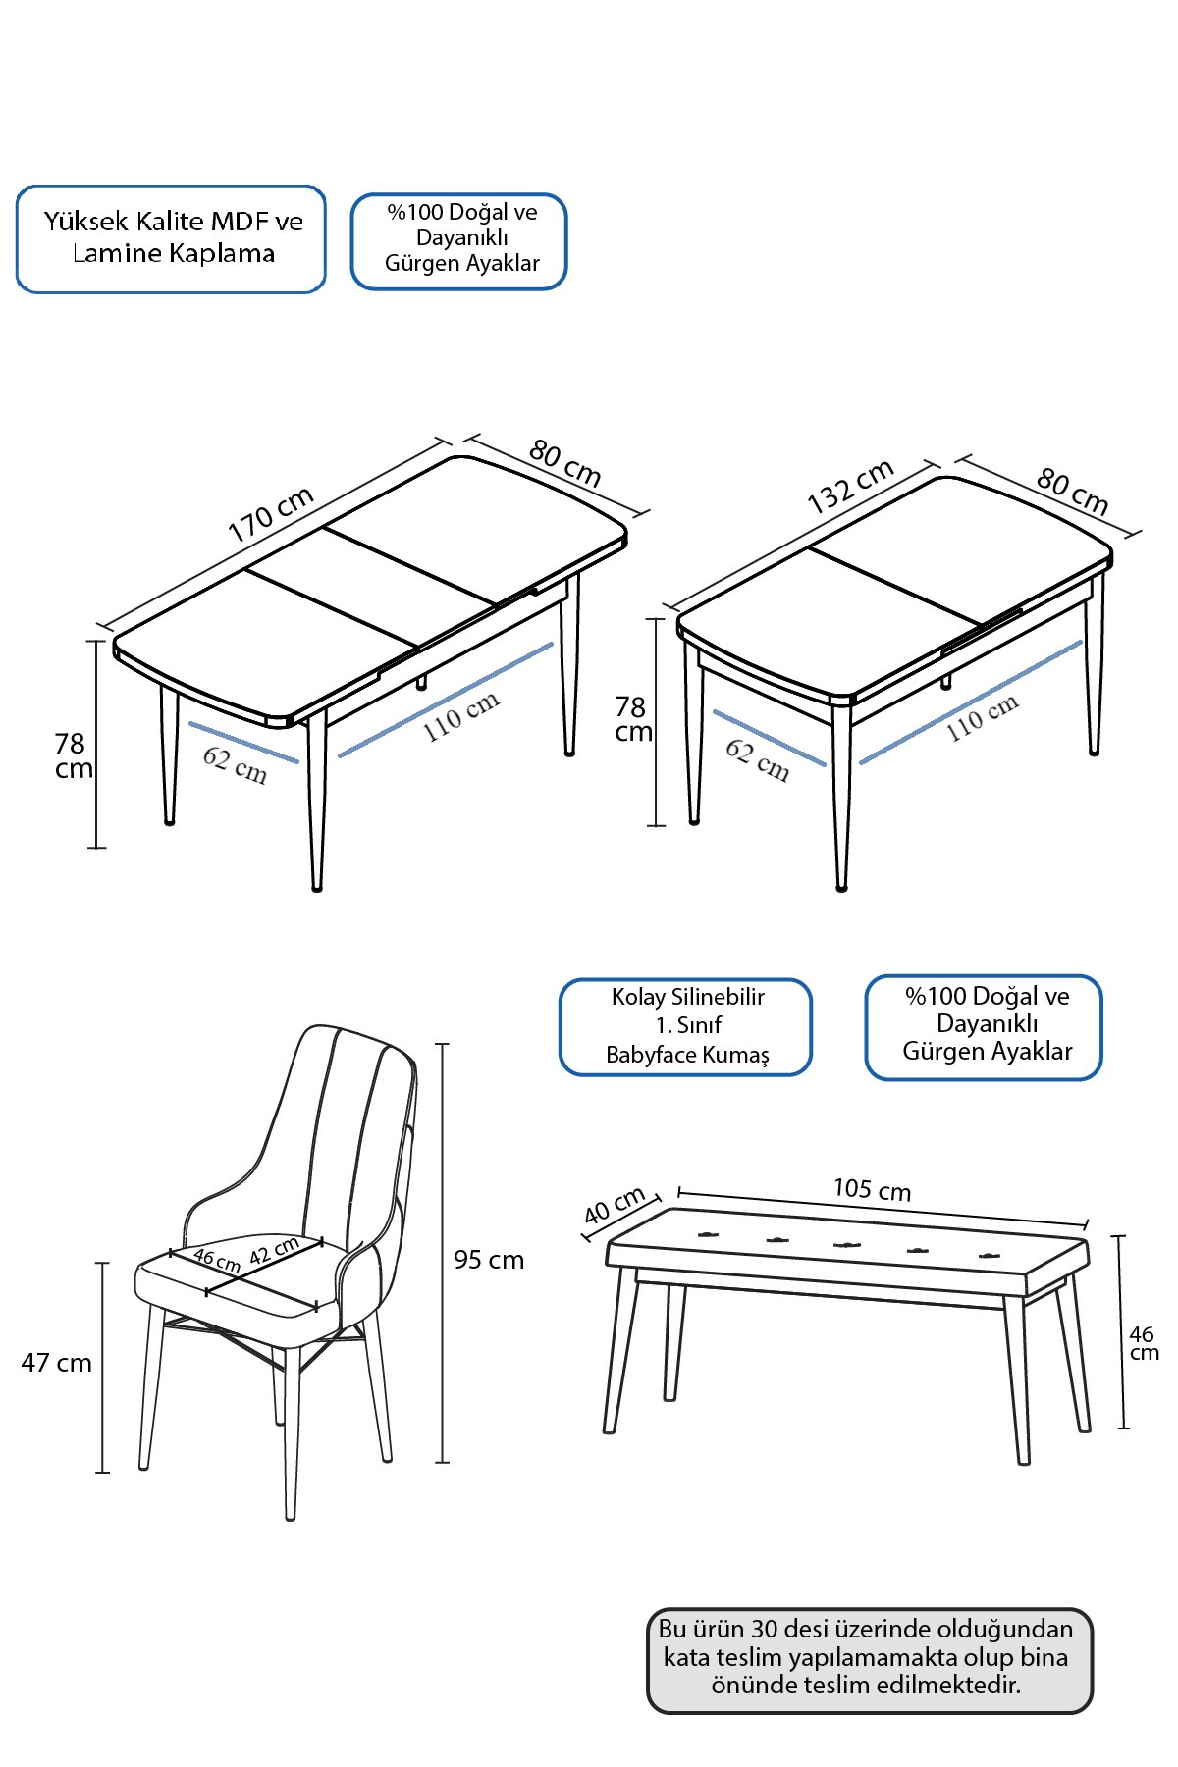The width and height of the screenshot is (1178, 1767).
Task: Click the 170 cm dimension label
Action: pyautogui.click(x=270, y=514)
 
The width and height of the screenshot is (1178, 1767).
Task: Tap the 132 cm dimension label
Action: pyautogui.click(x=850, y=486)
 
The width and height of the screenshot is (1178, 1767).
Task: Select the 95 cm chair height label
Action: pyautogui.click(x=489, y=1260)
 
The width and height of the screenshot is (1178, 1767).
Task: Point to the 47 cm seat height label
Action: pyautogui.click(x=57, y=1363)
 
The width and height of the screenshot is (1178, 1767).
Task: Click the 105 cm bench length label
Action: pyautogui.click(x=872, y=1190)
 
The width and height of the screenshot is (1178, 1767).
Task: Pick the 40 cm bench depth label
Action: pyautogui.click(x=615, y=1206)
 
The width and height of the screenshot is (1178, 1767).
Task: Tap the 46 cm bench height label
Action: pyautogui.click(x=1144, y=1343)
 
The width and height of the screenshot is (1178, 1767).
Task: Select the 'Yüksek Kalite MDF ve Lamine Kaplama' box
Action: pyautogui.click(x=171, y=239)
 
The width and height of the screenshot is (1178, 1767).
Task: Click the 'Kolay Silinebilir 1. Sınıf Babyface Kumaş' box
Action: pyautogui.click(x=686, y=1027)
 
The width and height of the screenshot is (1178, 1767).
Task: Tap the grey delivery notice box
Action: pyautogui.click(x=870, y=1661)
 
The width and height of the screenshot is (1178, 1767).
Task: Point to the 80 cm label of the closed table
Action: pyautogui.click(x=1072, y=492)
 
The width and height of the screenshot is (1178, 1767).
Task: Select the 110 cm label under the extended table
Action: pyautogui.click(x=461, y=716)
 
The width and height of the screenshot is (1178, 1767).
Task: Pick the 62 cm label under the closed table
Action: pyautogui.click(x=757, y=760)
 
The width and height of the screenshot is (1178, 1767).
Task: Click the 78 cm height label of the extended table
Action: pyautogui.click(x=74, y=756)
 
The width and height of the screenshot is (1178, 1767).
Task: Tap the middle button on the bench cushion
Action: pyautogui.click(x=847, y=1245)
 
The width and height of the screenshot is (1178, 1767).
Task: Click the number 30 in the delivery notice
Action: pyautogui.click(x=765, y=1630)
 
